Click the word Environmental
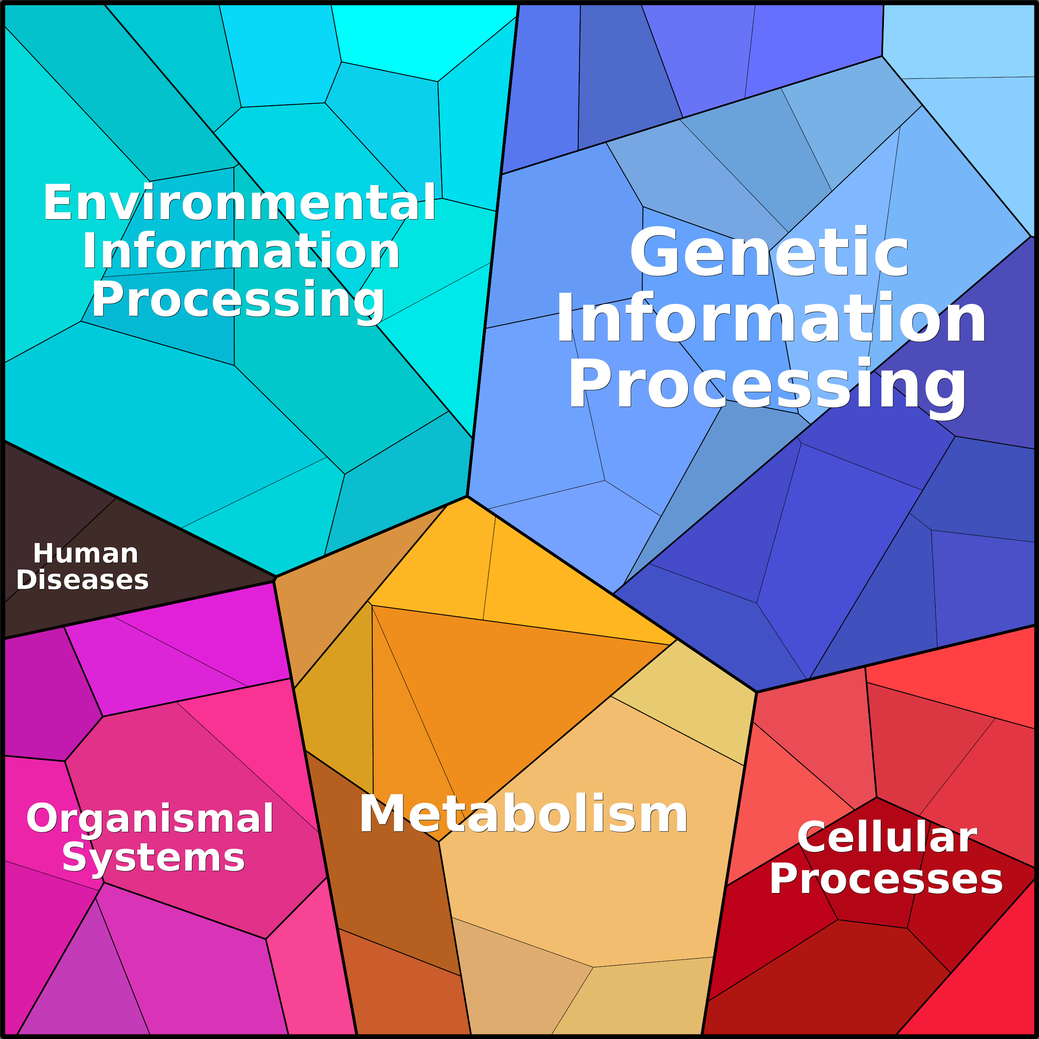tap(239, 202)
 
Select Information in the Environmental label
tap(241, 251)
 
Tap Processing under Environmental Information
tap(238, 301)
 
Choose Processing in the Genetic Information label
tap(767, 385)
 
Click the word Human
tap(86, 553)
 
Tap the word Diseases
tap(82, 580)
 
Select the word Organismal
tap(150, 819)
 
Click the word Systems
tap(153, 858)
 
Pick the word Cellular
tap(887, 837)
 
